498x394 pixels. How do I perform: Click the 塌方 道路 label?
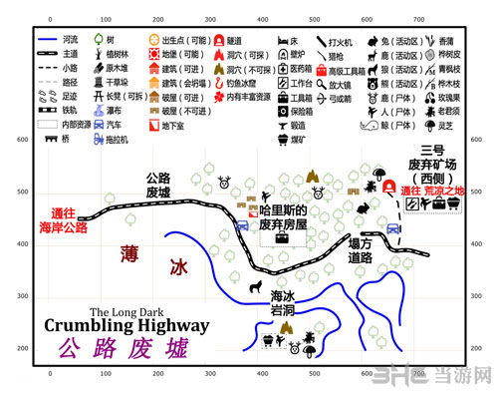(361, 250)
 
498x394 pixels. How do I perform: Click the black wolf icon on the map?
(255, 290)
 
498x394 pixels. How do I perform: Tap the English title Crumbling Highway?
(127, 325)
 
